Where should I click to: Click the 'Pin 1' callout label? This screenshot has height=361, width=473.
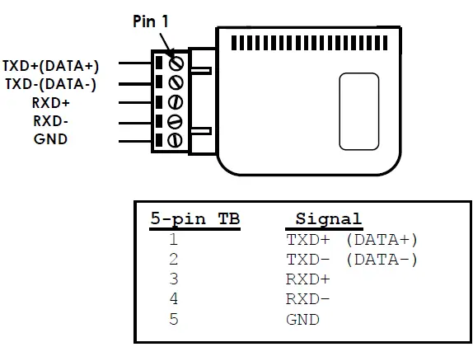pyautogui.click(x=151, y=22)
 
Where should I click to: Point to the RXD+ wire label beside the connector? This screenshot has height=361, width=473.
pyautogui.click(x=51, y=103)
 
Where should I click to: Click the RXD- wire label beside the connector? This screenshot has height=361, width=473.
pyautogui.click(x=51, y=121)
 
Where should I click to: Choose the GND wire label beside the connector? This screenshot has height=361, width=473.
pyautogui.click(x=51, y=138)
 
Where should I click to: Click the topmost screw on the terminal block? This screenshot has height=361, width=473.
pyautogui.click(x=175, y=63)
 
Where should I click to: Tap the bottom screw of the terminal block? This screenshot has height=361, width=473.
pyautogui.click(x=175, y=140)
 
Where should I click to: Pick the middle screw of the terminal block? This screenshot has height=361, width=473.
pyautogui.click(x=175, y=102)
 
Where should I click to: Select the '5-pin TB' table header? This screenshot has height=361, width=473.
pyautogui.click(x=195, y=219)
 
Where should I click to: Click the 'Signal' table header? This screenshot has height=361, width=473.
pyautogui.click(x=328, y=219)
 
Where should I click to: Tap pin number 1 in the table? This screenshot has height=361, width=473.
pyautogui.click(x=174, y=240)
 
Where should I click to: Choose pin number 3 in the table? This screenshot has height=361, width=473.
pyautogui.click(x=174, y=279)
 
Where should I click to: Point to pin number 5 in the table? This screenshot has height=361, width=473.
pyautogui.click(x=174, y=319)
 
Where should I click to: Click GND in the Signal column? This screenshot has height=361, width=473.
pyautogui.click(x=302, y=319)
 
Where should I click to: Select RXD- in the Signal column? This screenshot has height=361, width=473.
pyautogui.click(x=307, y=299)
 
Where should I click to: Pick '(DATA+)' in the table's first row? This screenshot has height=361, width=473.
pyautogui.click(x=382, y=240)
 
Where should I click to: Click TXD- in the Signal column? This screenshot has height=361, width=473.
pyautogui.click(x=307, y=260)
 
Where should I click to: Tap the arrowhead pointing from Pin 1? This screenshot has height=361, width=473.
pyautogui.click(x=170, y=54)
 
